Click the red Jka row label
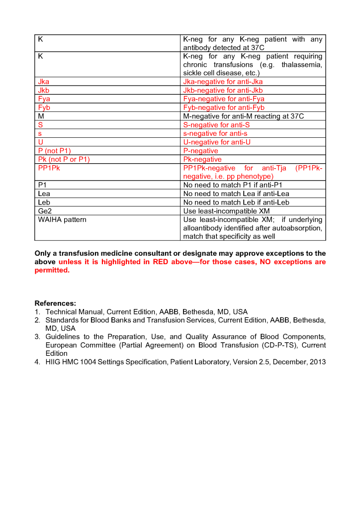[x=44, y=82]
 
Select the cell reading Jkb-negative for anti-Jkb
[x=223, y=90]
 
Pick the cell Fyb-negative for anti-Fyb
[x=224, y=107]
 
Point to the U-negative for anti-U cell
[x=217, y=142]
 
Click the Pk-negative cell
[x=202, y=159]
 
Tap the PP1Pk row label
[x=49, y=168]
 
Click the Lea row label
[x=44, y=194]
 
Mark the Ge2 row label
[x=45, y=211]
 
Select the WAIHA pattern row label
[x=62, y=219]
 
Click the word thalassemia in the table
[x=302, y=65]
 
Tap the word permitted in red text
[x=52, y=271]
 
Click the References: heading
[x=55, y=303]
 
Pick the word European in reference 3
[x=61, y=345]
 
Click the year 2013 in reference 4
[x=317, y=362]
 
